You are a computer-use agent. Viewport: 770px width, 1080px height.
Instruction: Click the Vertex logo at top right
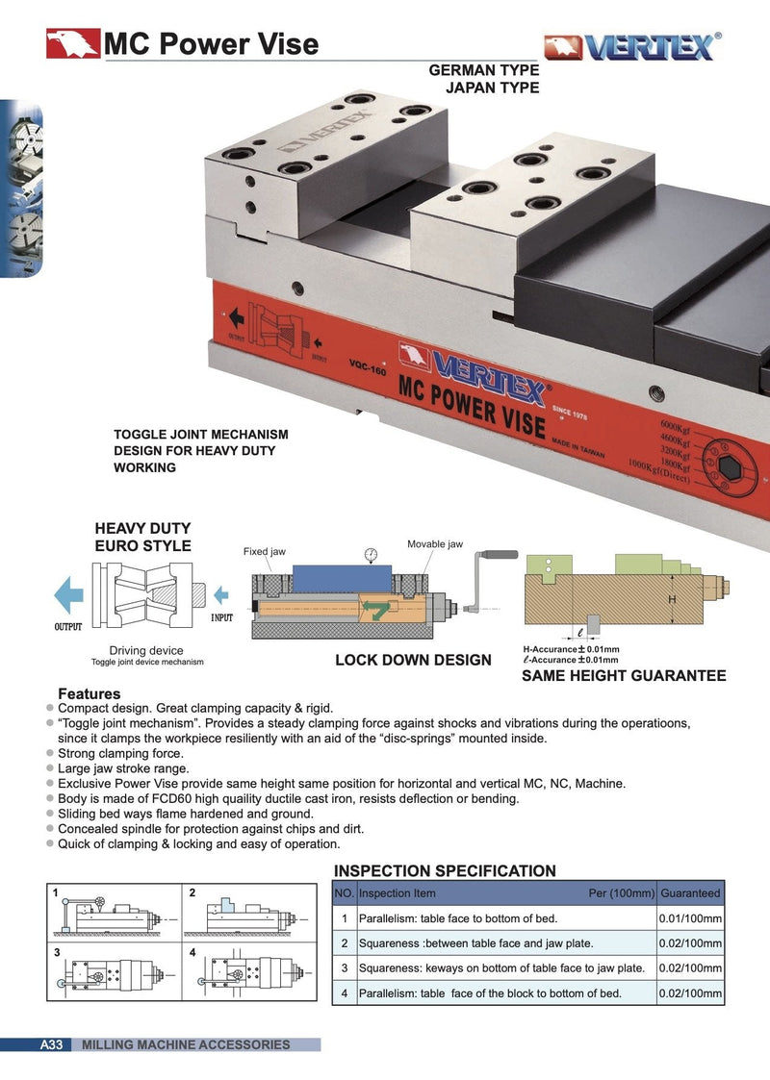(x=630, y=47)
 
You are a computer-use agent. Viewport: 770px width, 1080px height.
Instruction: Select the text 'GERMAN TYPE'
(x=483, y=71)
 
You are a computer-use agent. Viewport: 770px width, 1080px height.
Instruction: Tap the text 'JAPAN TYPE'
(x=492, y=88)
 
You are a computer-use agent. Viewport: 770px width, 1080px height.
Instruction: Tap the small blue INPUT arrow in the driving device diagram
(x=221, y=592)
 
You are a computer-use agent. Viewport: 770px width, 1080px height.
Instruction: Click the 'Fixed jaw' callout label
(x=264, y=552)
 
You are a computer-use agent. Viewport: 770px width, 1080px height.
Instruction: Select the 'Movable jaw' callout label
(x=434, y=544)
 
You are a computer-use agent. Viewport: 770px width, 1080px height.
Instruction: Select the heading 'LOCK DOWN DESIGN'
(x=413, y=661)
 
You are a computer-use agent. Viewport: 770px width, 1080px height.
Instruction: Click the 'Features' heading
(x=90, y=693)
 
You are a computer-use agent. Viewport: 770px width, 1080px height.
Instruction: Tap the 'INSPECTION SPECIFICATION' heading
(x=445, y=871)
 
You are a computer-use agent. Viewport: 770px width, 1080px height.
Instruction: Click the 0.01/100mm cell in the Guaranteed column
(x=690, y=918)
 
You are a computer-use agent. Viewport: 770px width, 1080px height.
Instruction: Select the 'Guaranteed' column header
(x=690, y=893)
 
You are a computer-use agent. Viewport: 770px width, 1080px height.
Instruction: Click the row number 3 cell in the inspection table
(x=344, y=968)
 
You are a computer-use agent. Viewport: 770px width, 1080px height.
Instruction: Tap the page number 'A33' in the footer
(x=51, y=1044)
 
